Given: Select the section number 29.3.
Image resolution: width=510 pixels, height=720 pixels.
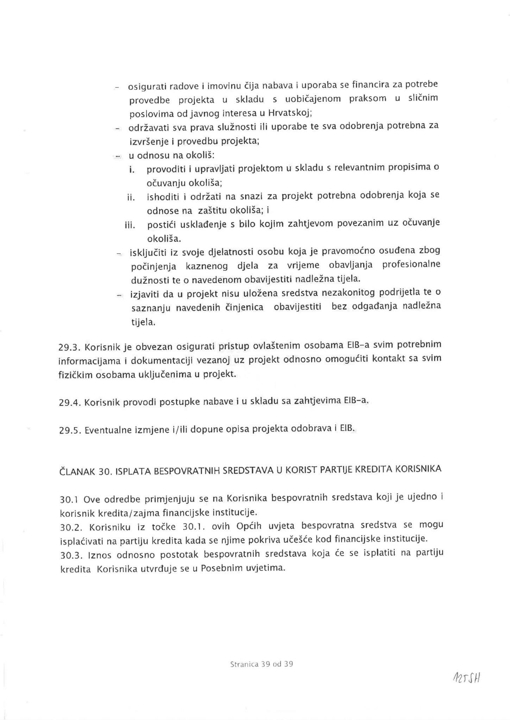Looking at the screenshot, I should coord(70,347).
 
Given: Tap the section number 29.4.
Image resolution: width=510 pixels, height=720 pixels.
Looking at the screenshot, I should coord(70,402).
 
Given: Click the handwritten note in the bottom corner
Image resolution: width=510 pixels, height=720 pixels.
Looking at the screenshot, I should coord(467,677).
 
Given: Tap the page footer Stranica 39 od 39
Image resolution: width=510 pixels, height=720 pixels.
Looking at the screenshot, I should coord(262,664).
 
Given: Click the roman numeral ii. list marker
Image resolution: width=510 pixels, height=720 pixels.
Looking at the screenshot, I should coord(131,197).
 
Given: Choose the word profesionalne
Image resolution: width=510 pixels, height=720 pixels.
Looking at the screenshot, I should coord(411,264).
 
